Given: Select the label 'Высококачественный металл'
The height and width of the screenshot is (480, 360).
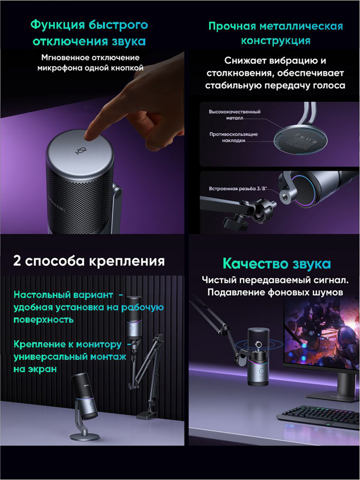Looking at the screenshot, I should [234, 115].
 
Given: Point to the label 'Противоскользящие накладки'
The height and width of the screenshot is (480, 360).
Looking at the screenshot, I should [233, 137].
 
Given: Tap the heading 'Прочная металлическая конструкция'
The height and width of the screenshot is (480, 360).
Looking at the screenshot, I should [275, 33].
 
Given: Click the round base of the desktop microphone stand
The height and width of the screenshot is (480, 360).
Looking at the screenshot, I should [85, 437].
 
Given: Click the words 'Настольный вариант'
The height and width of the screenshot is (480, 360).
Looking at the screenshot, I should [63, 295].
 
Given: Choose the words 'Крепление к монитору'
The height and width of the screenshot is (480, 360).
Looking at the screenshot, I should [67, 345].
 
